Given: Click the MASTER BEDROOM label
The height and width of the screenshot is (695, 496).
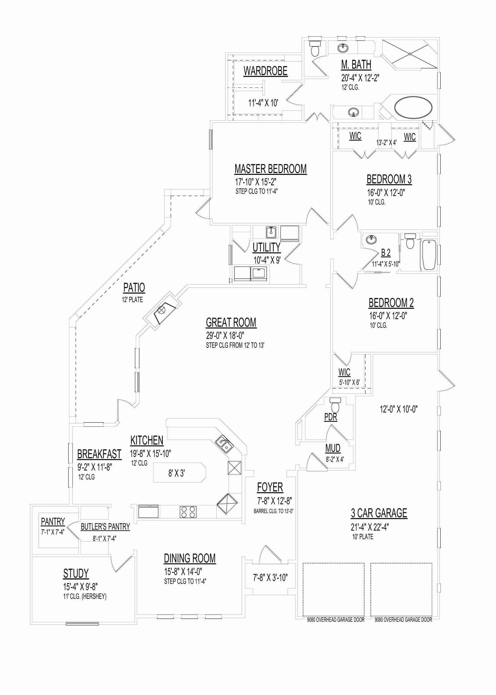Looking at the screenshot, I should (x=270, y=169).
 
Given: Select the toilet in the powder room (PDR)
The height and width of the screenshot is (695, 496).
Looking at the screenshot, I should (x=335, y=405).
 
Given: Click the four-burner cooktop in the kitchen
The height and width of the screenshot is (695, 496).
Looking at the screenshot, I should (x=188, y=512).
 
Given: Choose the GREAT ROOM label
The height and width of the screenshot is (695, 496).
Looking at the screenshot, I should (x=231, y=323).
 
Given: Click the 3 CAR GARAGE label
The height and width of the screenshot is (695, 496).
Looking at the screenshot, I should (x=379, y=513).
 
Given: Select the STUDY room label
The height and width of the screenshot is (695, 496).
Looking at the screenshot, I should (x=76, y=574).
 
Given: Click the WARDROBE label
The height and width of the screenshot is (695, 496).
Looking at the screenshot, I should (x=265, y=71).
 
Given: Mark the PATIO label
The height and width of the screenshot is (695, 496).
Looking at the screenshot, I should (x=134, y=288).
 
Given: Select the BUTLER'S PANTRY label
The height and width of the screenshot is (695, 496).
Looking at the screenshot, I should (x=105, y=527).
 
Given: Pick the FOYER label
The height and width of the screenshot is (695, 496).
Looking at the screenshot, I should (x=270, y=487).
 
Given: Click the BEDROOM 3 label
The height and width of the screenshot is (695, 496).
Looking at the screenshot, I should (x=389, y=179).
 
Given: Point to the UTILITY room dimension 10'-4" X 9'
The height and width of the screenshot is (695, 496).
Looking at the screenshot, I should (x=267, y=260).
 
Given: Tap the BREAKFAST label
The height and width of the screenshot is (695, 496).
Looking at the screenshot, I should (x=99, y=454).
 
